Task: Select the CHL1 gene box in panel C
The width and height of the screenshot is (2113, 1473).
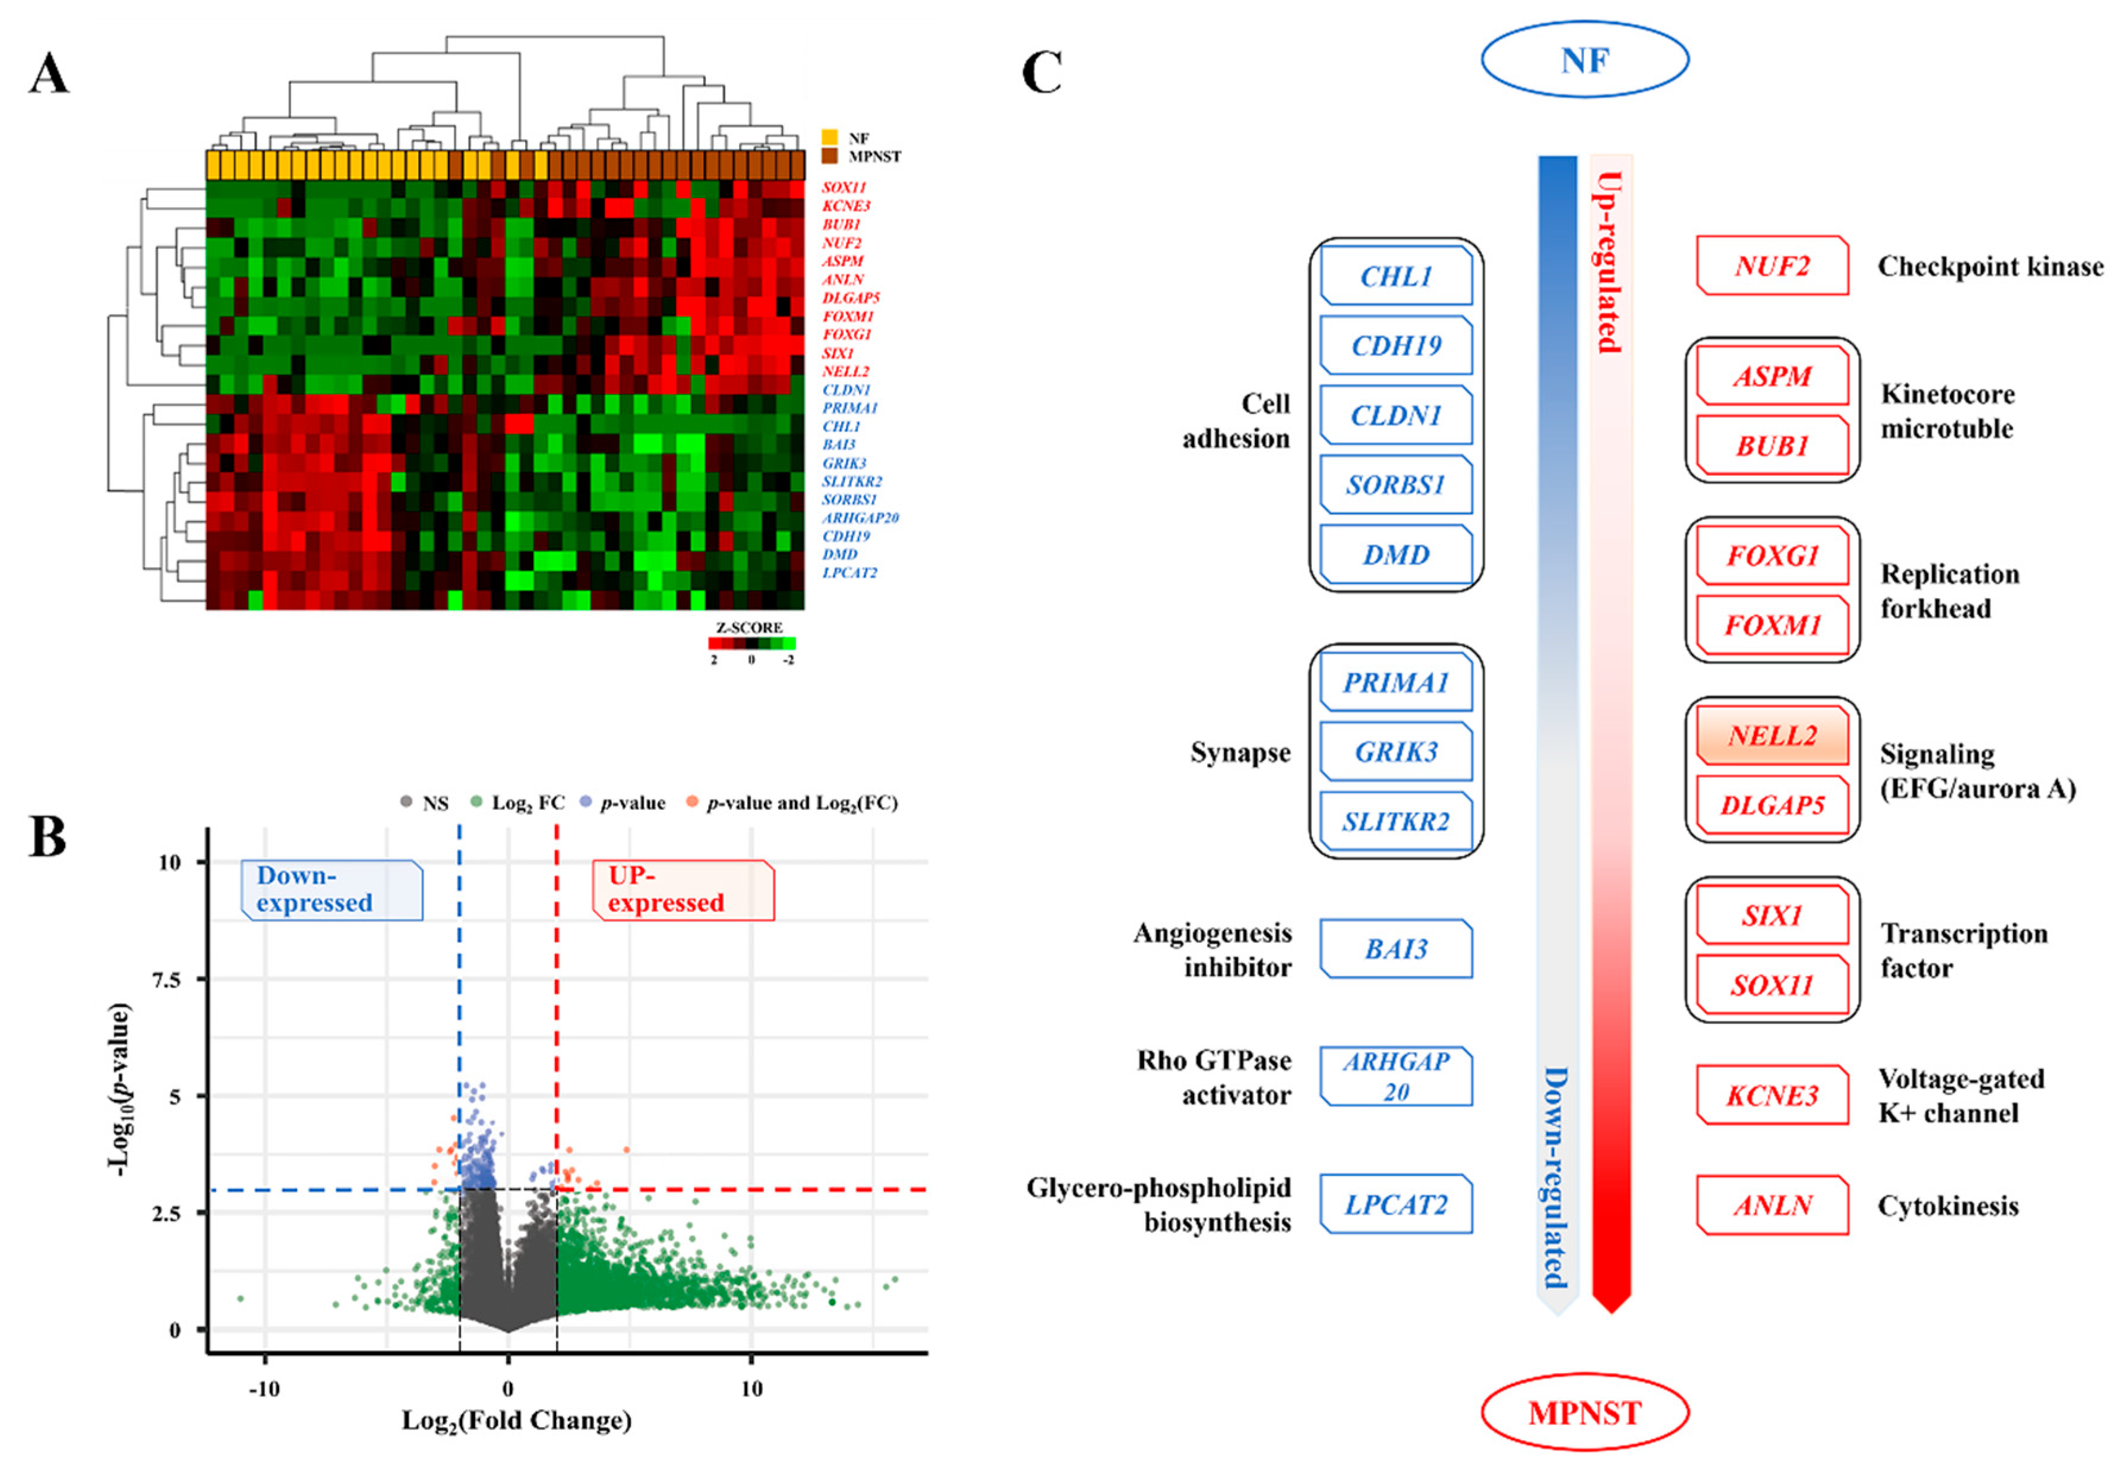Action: pyautogui.click(x=1395, y=275)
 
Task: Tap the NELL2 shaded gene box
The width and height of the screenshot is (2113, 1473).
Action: pyautogui.click(x=1771, y=736)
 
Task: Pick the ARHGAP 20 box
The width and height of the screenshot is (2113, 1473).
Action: pyautogui.click(x=1395, y=1076)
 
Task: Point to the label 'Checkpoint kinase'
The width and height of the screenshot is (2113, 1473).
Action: pyautogui.click(x=1989, y=266)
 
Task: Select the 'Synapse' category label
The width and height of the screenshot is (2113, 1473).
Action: pyautogui.click(x=1240, y=752)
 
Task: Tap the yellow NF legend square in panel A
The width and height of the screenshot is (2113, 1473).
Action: pyautogui.click(x=829, y=137)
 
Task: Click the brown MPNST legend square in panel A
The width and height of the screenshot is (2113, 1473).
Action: pyautogui.click(x=829, y=156)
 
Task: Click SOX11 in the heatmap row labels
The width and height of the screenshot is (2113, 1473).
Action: pyautogui.click(x=844, y=188)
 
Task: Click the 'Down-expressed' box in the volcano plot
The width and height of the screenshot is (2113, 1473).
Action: pyautogui.click(x=331, y=890)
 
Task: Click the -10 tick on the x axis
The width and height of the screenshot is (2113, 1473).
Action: pyautogui.click(x=264, y=1388)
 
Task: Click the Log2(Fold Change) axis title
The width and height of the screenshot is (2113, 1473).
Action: pyautogui.click(x=516, y=1421)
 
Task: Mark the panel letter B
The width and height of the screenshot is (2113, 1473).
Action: pyautogui.click(x=48, y=836)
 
